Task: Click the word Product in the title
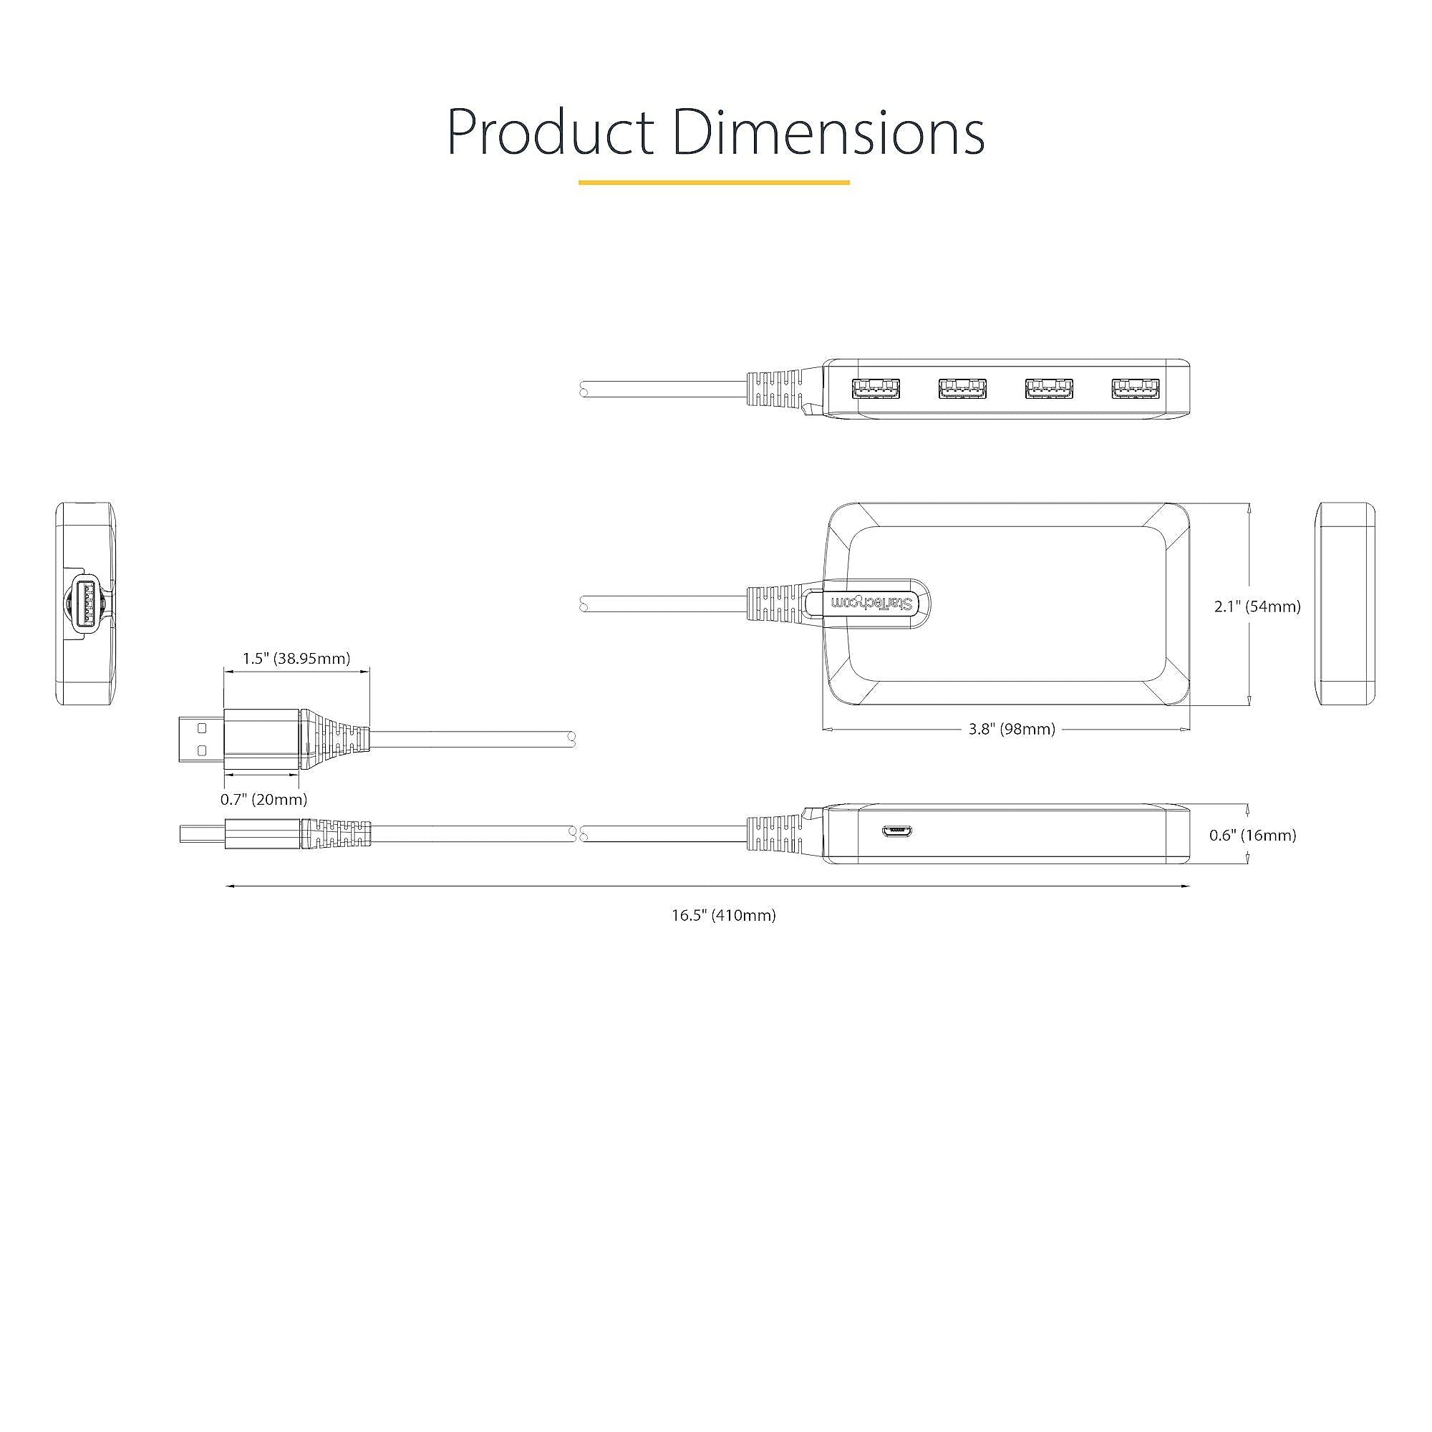[550, 131]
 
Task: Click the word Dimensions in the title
[828, 131]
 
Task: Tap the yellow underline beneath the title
[714, 182]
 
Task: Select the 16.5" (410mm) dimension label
[723, 915]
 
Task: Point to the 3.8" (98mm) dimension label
[1012, 730]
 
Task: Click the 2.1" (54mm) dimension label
[1257, 606]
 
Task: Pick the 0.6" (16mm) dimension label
[1252, 836]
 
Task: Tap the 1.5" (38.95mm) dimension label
[296, 658]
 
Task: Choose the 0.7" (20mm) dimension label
[264, 800]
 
